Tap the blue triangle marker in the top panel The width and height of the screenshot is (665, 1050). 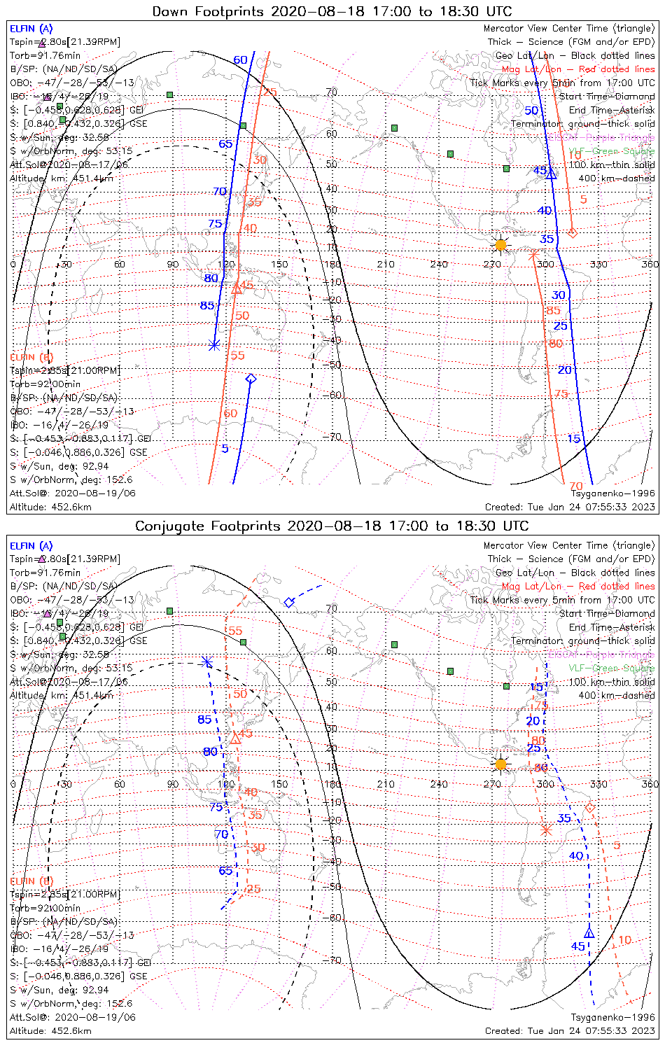coord(551,173)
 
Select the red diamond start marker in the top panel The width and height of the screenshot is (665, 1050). coord(572,232)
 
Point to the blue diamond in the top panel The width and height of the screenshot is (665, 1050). coord(251,379)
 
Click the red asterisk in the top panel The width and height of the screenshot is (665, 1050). coord(532,255)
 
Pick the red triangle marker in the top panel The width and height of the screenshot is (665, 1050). coord(237,288)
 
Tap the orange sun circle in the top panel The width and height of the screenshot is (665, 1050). coord(500,245)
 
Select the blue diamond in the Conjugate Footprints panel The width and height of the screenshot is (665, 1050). coord(289,602)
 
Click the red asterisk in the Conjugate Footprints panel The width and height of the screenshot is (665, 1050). coord(547,830)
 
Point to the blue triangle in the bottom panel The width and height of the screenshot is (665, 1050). coord(589,933)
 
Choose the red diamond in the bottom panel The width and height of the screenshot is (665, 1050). coord(589,808)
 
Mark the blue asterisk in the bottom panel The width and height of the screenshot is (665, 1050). coord(206,662)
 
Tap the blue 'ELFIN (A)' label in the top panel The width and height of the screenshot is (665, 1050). coord(31,29)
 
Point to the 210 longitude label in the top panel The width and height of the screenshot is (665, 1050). coord(386,264)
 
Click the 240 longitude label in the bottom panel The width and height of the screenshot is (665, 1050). coord(439,784)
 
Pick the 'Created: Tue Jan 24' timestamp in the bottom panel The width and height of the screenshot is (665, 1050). coord(570,1030)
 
